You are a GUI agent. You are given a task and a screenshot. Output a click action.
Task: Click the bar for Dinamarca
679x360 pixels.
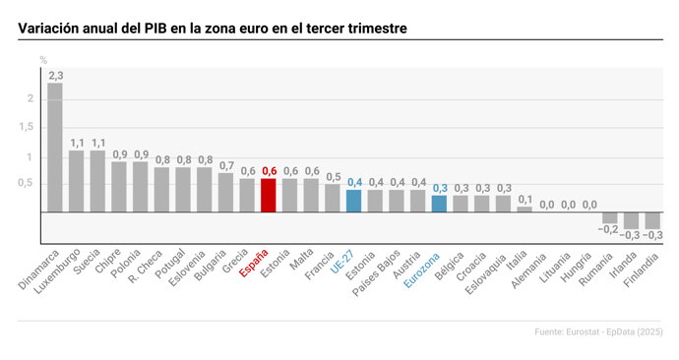pos(54,148)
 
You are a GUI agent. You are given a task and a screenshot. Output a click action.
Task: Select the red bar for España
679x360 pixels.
pos(268,195)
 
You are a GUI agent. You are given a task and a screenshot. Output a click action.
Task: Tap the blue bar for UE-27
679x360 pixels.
pos(353,201)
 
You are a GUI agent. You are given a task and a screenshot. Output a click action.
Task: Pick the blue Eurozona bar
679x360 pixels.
pos(439,204)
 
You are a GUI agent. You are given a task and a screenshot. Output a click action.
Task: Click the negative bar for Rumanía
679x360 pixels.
pos(610,217)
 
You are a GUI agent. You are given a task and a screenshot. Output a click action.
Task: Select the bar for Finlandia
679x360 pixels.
pos(652,220)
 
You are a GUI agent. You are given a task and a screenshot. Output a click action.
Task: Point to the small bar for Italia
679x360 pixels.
pos(525,209)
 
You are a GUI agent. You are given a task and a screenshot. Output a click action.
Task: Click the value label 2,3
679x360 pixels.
pos(55,75)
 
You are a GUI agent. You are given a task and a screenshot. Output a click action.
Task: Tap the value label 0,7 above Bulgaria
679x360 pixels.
pos(226,165)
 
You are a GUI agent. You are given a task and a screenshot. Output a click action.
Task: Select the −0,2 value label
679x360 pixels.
pos(610,229)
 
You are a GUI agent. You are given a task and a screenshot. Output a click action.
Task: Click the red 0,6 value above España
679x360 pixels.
pos(269,171)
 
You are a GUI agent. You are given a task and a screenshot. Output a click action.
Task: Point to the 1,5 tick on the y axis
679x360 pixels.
pos(29,128)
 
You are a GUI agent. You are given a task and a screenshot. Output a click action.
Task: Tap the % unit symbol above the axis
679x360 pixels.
pos(42,61)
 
